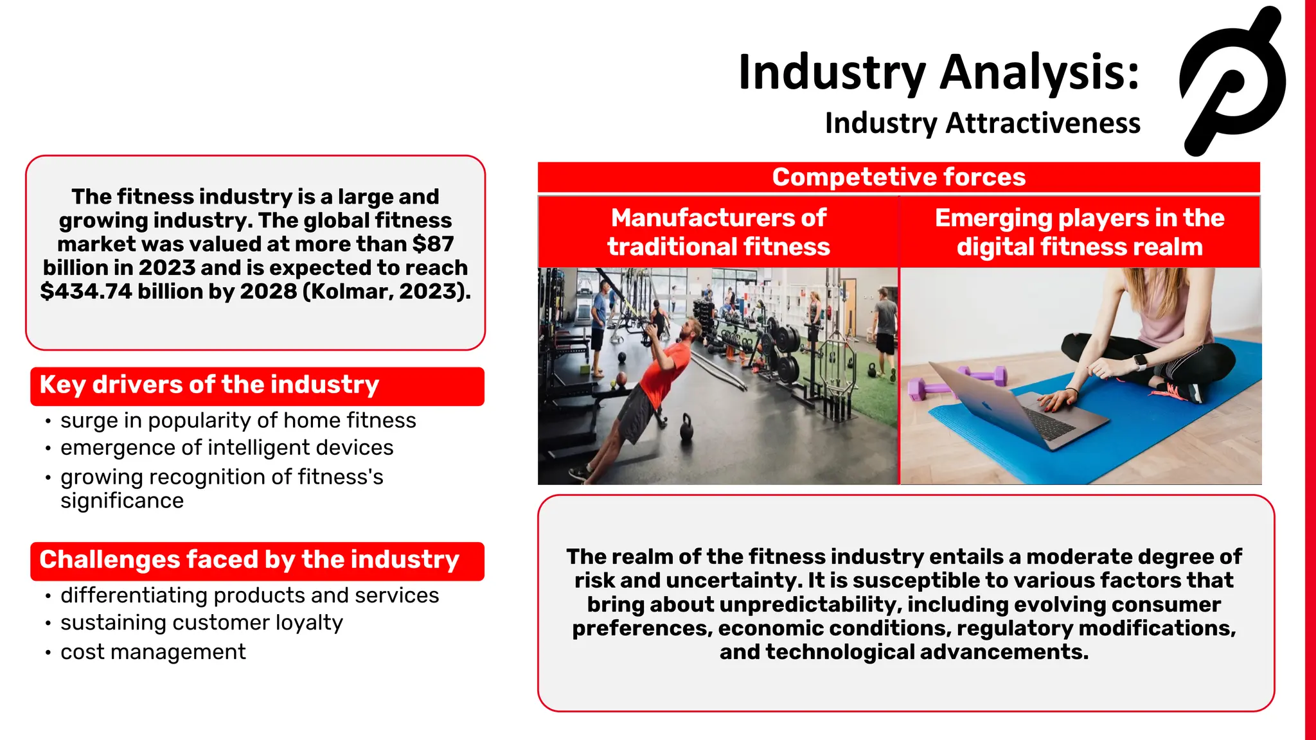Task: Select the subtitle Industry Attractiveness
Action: [982, 123]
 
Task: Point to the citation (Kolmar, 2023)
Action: [386, 292]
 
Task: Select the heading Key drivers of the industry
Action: [209, 385]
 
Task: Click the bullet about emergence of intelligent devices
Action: [226, 448]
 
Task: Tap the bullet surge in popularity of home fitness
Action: [238, 421]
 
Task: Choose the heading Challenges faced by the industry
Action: [249, 560]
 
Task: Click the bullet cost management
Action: [153, 652]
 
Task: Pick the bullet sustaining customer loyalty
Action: [201, 623]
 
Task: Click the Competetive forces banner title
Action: [898, 177]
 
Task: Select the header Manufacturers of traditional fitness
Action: [718, 233]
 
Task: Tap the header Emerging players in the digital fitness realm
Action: [1080, 233]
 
